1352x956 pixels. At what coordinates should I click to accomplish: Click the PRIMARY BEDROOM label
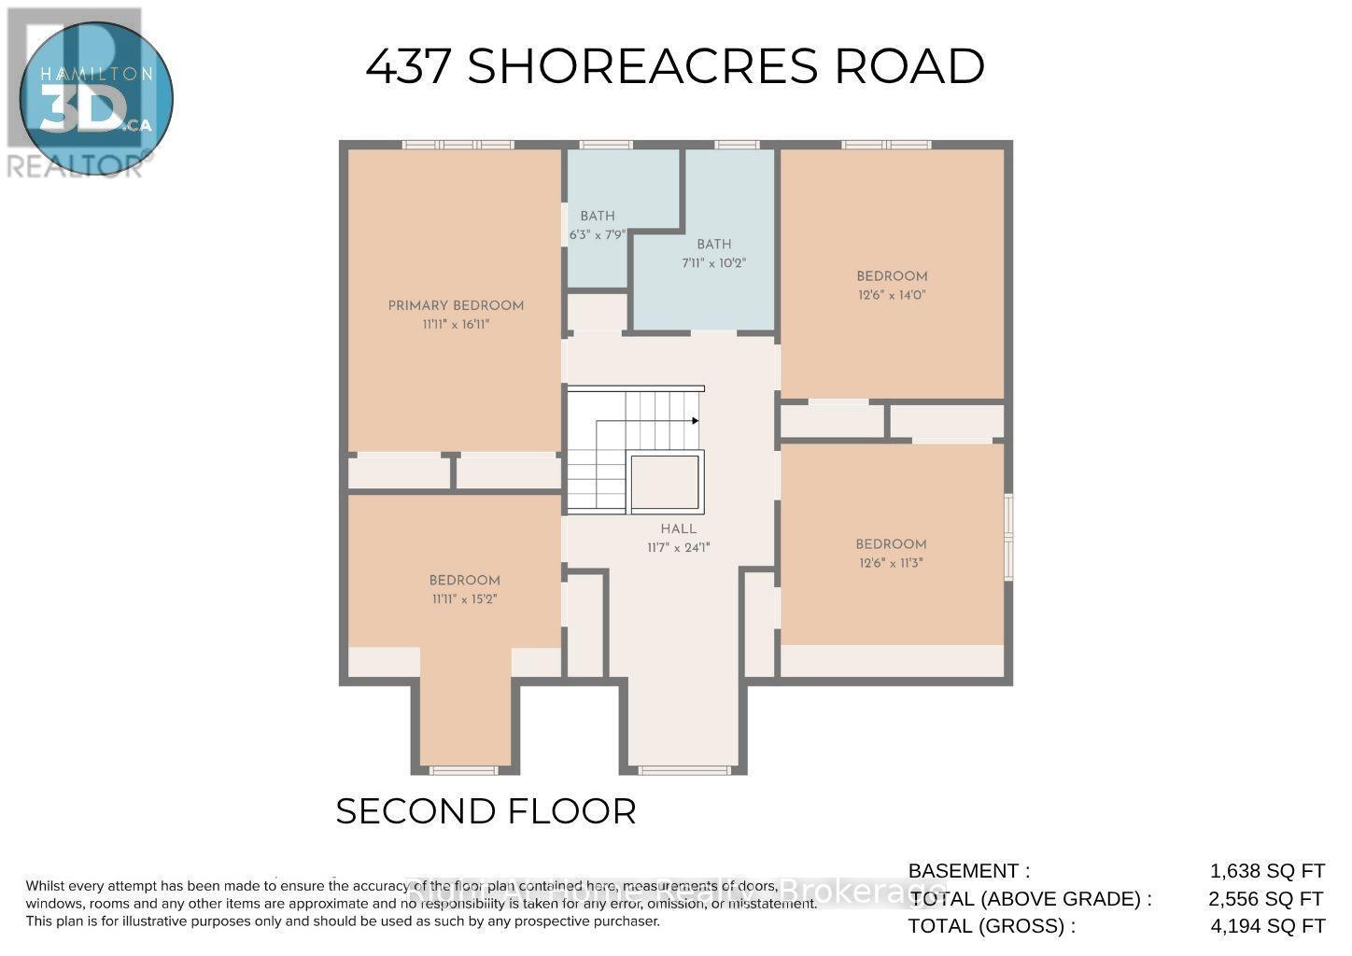pos(456,305)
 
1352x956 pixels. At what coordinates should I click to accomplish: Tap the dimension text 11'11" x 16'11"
pos(456,325)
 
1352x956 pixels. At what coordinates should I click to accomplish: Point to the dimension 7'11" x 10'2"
pos(713,263)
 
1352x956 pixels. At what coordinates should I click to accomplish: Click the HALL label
pos(679,528)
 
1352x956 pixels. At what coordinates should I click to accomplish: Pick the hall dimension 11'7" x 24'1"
pos(679,548)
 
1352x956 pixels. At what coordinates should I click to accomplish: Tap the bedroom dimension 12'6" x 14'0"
pos(892,295)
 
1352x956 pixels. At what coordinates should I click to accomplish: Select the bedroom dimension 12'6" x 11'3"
pos(891,563)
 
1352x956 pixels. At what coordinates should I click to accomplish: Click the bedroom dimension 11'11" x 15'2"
pos(464,599)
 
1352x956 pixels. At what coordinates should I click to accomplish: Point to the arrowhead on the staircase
pos(695,421)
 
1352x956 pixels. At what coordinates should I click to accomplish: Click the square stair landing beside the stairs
pos(666,483)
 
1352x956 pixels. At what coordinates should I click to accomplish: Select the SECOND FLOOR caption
pos(486,811)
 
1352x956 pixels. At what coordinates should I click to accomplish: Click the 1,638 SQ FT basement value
pos(1267,871)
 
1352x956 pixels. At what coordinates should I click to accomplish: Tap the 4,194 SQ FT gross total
pos(1267,926)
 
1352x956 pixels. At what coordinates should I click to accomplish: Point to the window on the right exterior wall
pos(1008,537)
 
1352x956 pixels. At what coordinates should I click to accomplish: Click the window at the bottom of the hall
pos(683,770)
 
